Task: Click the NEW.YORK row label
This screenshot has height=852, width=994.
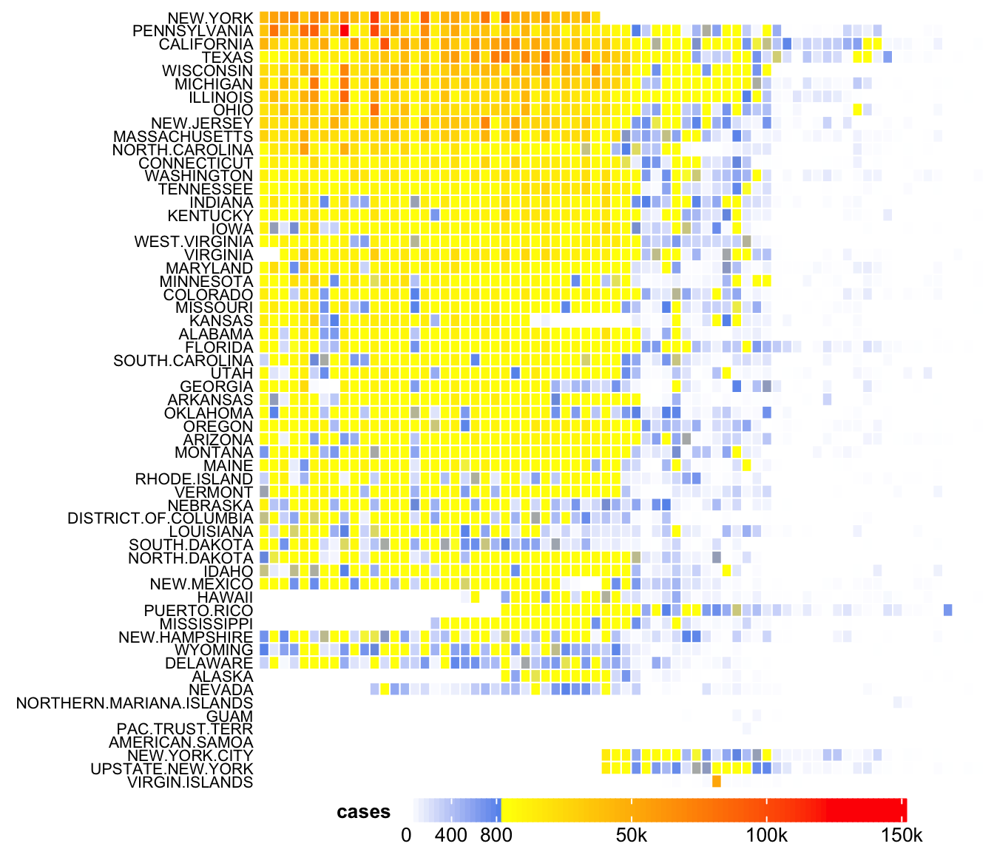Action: tap(210, 18)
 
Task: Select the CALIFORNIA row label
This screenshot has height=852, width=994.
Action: tap(206, 44)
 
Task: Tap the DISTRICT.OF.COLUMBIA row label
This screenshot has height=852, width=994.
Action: tap(160, 518)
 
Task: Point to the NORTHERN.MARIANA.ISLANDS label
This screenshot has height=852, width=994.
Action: tap(135, 703)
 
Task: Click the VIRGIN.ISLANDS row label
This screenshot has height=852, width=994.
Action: tap(190, 782)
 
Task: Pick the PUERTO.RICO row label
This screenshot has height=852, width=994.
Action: tap(198, 611)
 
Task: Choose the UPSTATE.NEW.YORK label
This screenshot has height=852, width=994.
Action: tap(172, 769)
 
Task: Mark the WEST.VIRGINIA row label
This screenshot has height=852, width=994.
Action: tap(193, 242)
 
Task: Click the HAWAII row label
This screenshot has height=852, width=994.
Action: tap(225, 598)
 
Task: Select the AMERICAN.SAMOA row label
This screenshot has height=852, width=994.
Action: tap(180, 743)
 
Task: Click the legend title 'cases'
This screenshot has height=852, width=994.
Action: tap(363, 812)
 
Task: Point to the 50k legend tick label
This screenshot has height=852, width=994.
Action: tap(632, 836)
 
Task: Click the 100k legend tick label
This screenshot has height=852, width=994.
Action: tap(766, 836)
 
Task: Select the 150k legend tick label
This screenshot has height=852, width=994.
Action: tap(902, 836)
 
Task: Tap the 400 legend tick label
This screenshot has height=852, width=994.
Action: tap(451, 836)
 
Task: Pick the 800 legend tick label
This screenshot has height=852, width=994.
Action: tap(496, 836)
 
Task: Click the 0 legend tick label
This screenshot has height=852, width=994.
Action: tap(406, 836)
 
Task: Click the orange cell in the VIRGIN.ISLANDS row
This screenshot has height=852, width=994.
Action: tap(717, 782)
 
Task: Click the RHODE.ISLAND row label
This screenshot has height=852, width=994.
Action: tap(194, 479)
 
